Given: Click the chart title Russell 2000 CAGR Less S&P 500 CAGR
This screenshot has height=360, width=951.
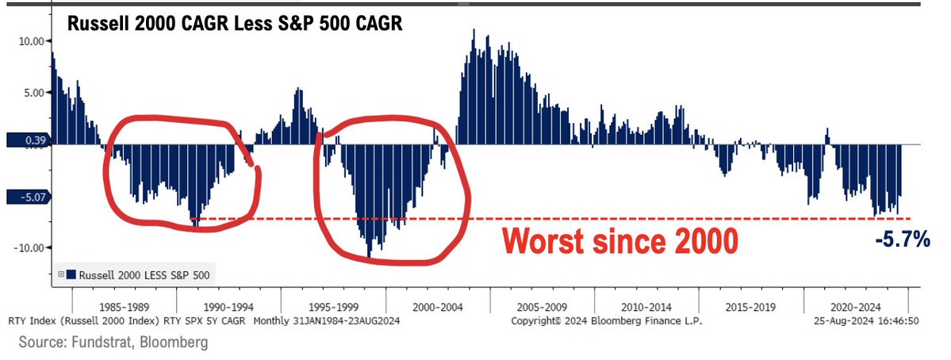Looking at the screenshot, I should coord(235,24).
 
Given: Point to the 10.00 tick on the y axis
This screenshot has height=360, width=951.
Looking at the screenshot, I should coord(30,41).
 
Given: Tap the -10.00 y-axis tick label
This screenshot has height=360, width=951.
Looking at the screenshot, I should coord(29,247).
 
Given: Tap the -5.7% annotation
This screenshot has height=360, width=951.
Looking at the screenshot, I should coord(902,239).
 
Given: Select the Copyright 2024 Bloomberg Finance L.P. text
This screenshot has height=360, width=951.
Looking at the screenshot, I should coord(607,322).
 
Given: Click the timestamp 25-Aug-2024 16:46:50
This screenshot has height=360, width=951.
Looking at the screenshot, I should coord(865,322).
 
